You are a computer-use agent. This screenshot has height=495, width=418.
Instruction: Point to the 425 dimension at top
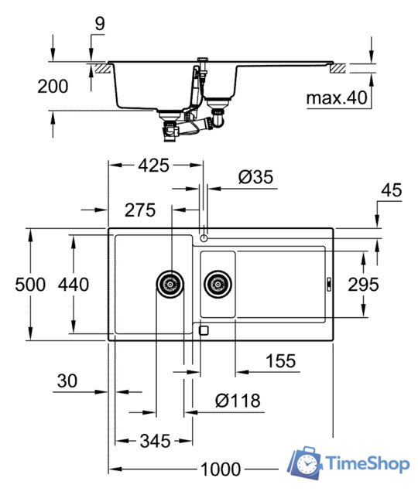coord(154,164)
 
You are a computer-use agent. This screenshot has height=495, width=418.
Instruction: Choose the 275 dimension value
coord(139,210)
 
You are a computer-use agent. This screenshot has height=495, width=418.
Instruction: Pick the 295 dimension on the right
coord(363,284)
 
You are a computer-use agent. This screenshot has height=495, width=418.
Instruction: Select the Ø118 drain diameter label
coord(238,401)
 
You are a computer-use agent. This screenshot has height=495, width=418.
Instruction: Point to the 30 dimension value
coord(67,381)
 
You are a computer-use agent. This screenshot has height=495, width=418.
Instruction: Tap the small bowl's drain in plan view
coord(218,284)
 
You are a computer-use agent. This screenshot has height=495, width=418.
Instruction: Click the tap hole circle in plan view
coord(204,235)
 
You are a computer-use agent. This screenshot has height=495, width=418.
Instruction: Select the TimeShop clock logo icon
coord(306,463)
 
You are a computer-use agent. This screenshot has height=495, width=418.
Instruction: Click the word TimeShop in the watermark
coord(368,464)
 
